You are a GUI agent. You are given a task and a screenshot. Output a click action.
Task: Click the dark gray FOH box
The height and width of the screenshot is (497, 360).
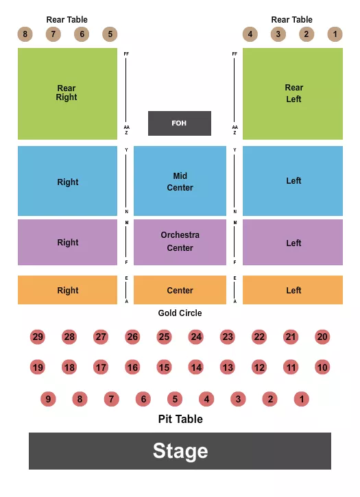pos(180,123)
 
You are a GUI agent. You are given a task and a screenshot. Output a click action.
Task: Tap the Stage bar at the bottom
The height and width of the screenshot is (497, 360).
pos(180,451)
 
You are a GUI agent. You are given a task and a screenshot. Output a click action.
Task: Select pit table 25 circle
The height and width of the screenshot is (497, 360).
pos(164,337)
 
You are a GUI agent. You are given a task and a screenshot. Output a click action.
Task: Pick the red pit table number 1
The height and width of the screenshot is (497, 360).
pos(302,399)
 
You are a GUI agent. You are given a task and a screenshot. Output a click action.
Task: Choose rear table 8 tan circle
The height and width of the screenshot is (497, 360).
pos(25,34)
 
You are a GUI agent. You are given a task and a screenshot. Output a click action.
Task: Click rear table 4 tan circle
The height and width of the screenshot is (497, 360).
pos(250,34)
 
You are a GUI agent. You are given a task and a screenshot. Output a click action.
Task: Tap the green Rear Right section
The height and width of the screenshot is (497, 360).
pos(67,93)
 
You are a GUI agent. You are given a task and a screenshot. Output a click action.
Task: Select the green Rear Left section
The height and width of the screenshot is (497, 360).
pos(293,93)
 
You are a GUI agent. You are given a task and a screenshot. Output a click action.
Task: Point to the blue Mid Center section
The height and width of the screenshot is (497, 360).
pos(180,182)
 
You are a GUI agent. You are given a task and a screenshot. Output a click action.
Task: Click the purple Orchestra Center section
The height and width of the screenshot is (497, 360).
pos(180,241)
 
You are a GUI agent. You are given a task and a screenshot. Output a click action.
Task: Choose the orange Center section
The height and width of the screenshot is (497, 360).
pos(180,291)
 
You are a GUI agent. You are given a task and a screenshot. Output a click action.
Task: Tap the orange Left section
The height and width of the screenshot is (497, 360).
pos(293,291)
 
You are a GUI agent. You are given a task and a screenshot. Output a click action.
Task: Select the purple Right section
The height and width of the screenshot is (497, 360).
pos(67,242)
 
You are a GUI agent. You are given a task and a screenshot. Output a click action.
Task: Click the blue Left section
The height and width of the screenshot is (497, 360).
pos(293,181)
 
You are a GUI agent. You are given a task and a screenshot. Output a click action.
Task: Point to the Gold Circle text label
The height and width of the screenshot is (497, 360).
pos(180,313)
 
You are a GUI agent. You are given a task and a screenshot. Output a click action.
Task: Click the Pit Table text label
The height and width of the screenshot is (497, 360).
pos(180,419)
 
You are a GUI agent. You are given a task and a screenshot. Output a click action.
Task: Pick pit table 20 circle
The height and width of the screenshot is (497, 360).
pos(322,337)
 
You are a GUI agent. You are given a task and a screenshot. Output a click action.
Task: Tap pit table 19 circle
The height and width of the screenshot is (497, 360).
pos(38,367)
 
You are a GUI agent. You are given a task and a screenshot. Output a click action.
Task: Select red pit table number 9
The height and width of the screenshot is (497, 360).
pos(48,399)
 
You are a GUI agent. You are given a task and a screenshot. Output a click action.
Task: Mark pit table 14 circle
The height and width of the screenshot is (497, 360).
pos(196,367)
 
